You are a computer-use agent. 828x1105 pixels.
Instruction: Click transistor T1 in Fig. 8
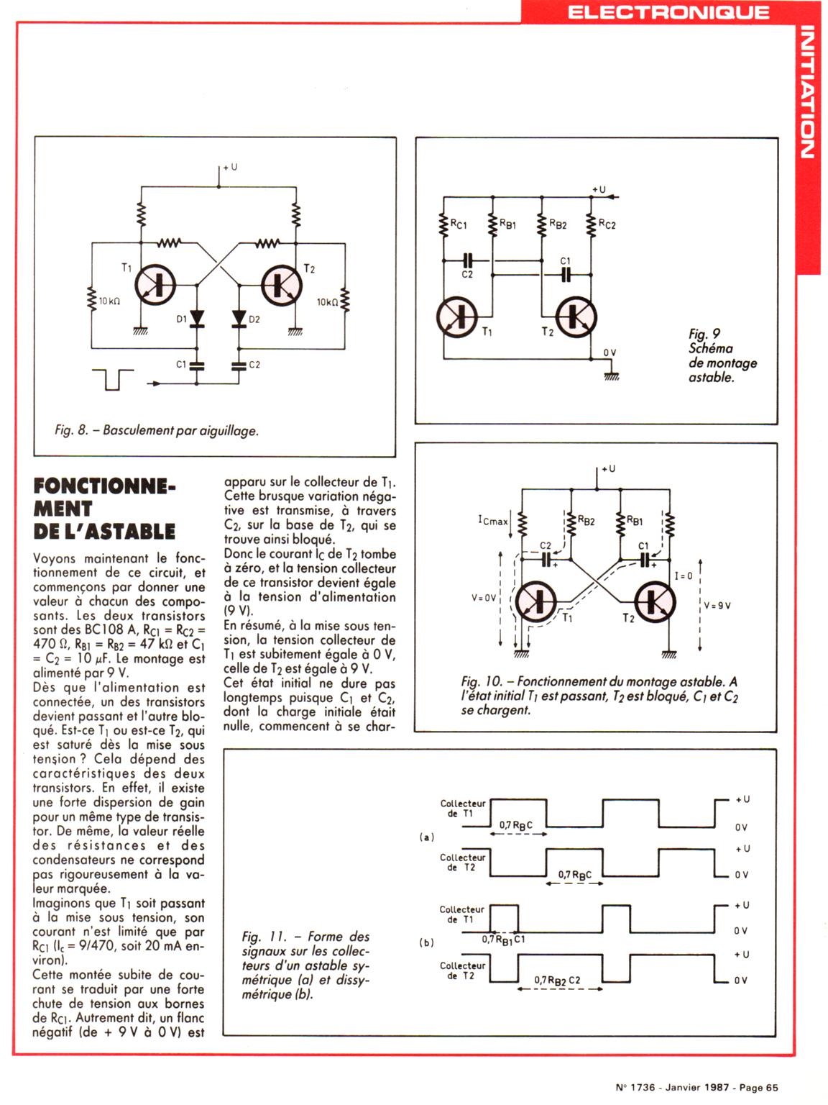pyautogui.click(x=156, y=285)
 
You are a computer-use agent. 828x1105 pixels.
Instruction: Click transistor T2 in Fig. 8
pyautogui.click(x=281, y=285)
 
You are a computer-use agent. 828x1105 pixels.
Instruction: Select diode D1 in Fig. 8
pyautogui.click(x=195, y=319)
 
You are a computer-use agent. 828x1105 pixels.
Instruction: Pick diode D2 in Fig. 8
pyautogui.click(x=239, y=319)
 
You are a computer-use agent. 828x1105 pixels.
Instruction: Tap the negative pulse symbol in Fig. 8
pyautogui.click(x=113, y=379)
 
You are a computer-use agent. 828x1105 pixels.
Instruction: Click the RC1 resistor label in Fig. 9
pyautogui.click(x=458, y=224)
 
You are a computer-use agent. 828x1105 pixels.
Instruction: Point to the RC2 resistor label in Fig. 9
pyautogui.click(x=607, y=224)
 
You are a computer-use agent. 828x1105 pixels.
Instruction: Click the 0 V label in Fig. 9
pyautogui.click(x=609, y=353)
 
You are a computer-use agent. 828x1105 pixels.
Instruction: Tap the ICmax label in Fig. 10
pyautogui.click(x=492, y=520)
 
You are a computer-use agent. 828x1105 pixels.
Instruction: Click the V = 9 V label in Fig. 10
pyautogui.click(x=717, y=605)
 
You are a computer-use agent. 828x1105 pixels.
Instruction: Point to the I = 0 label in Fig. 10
pyautogui.click(x=684, y=576)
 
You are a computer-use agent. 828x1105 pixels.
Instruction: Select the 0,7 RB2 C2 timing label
pyautogui.click(x=557, y=980)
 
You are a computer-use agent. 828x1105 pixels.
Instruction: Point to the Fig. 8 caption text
pyautogui.click(x=156, y=430)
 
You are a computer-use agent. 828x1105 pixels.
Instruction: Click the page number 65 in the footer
pyautogui.click(x=771, y=1088)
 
